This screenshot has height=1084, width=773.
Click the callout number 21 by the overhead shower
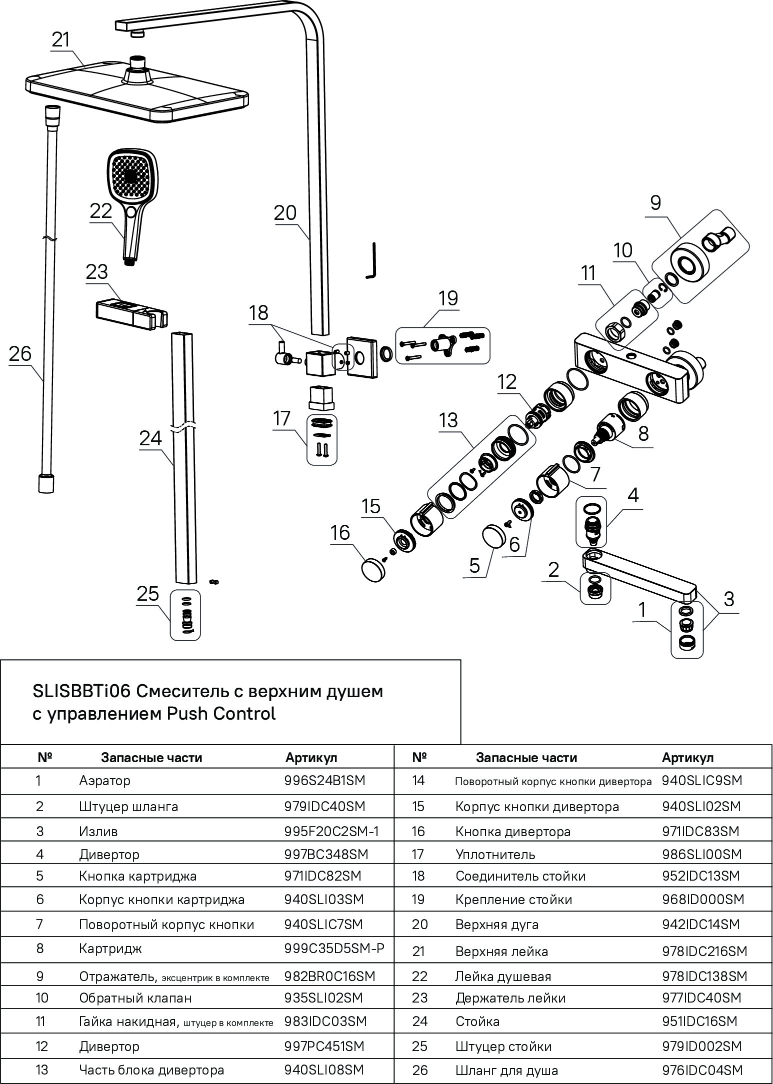coord(61,39)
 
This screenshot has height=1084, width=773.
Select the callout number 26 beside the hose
coord(20,354)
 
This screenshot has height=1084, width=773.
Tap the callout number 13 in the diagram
coord(448,420)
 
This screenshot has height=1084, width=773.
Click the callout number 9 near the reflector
coord(655,203)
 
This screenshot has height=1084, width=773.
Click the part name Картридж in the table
coord(110,948)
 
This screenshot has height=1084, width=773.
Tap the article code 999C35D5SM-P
coord(334,948)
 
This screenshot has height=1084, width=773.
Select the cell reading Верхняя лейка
coord(501,952)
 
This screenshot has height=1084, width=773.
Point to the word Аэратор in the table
coord(104,781)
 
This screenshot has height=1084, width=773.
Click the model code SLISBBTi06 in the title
coord(81,691)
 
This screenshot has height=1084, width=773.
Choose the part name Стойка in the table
coord(477,1022)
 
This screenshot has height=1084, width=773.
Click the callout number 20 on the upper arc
coord(285,213)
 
